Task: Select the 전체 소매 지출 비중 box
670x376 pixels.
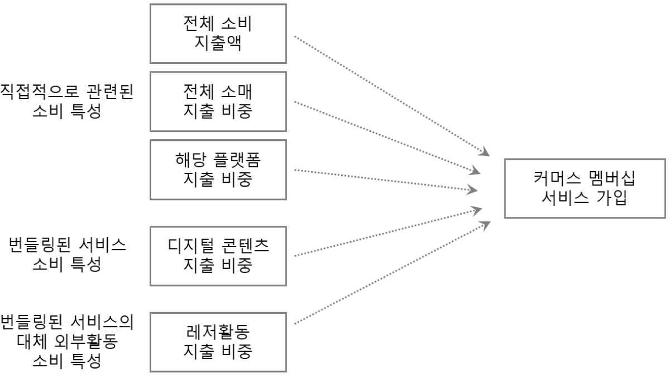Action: click(218, 102)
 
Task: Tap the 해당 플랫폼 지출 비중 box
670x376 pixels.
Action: click(218, 170)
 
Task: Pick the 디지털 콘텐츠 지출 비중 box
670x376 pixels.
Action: click(218, 255)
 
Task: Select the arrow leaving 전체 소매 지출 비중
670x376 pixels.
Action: click(385, 137)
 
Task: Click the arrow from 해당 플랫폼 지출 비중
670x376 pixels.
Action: click(385, 180)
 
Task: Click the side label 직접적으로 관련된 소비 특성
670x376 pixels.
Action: click(66, 102)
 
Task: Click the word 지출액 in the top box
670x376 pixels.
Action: click(218, 43)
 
